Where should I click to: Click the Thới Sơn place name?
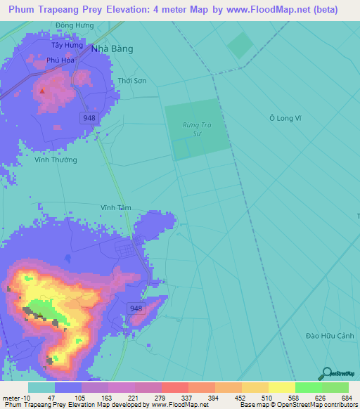(x=132, y=81)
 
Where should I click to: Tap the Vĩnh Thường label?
(x=56, y=160)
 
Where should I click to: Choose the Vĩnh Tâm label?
(x=115, y=207)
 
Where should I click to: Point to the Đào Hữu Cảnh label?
(x=330, y=335)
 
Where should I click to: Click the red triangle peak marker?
(x=42, y=91)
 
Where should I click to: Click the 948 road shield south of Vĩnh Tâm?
(x=137, y=309)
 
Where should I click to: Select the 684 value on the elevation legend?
(x=348, y=398)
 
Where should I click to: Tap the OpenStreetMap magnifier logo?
(x=326, y=374)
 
